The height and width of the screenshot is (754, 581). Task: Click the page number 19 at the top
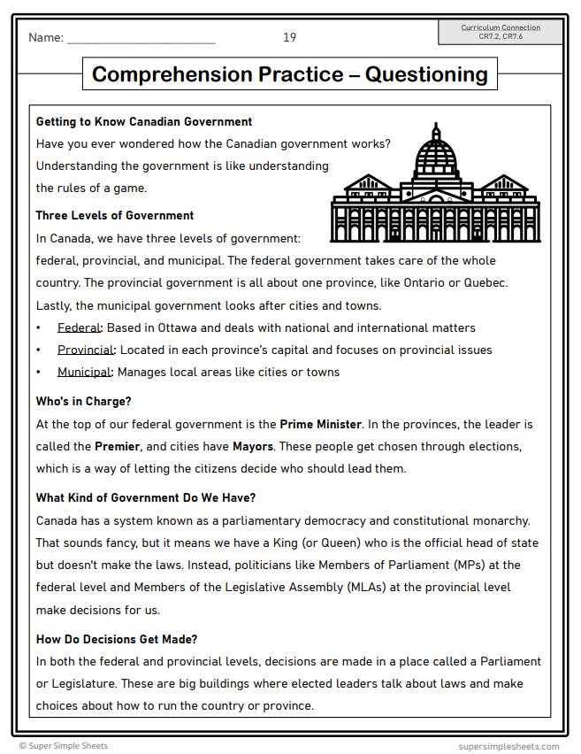289,37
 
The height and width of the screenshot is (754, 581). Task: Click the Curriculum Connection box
501,32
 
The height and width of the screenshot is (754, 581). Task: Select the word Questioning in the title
426,74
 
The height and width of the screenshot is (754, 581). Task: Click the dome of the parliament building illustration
435,154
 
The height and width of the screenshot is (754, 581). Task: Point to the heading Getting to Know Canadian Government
143,122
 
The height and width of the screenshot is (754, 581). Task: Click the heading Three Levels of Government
114,215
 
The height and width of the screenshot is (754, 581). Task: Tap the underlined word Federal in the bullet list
79,327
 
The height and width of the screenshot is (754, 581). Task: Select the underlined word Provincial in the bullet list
86,350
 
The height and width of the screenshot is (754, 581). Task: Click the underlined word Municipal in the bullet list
85,372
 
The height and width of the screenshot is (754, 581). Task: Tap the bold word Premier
118,446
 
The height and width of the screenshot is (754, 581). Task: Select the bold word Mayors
252,446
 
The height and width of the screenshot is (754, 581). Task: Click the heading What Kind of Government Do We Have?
145,498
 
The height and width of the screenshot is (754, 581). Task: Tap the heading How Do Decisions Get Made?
116,639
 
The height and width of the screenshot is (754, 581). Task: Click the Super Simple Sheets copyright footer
64,746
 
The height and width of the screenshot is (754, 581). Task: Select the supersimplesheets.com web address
508,746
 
